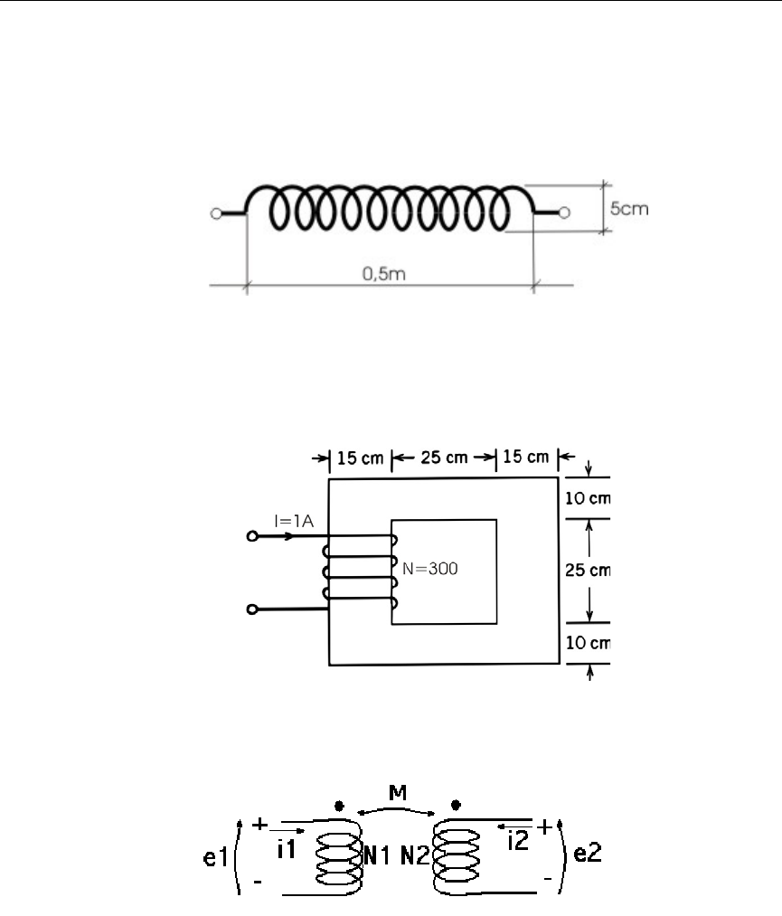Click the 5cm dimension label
click(629, 209)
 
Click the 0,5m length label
click(383, 273)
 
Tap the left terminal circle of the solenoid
click(216, 213)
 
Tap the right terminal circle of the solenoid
click(563, 213)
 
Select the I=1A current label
click(294, 521)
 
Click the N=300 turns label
click(430, 569)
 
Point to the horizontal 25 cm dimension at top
click(445, 457)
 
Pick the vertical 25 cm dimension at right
click(588, 570)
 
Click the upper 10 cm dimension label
click(588, 498)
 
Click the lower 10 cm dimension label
click(588, 643)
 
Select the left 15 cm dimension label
click(361, 458)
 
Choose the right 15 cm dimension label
click(525, 457)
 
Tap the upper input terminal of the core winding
click(252, 535)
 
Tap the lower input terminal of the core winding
click(252, 609)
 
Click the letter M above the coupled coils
click(398, 793)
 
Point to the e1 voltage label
click(215, 857)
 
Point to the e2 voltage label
click(588, 853)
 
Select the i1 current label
click(287, 849)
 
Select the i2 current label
click(518, 841)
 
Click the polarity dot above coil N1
click(339, 807)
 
